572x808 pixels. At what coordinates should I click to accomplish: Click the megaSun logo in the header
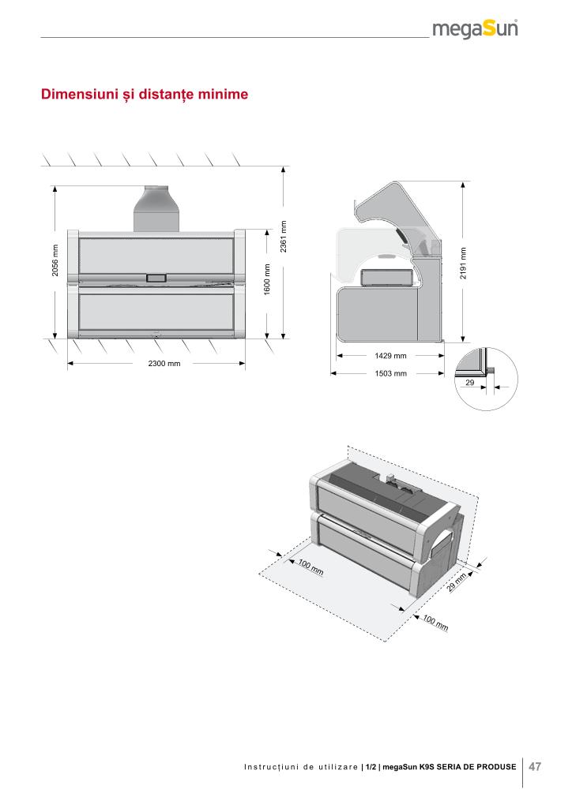click(x=475, y=30)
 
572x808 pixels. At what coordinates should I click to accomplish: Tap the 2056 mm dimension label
click(x=45, y=261)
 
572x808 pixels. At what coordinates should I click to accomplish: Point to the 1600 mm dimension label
click(x=268, y=280)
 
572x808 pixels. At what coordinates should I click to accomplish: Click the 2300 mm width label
click(x=164, y=364)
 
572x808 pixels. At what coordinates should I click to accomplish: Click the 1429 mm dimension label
click(x=390, y=356)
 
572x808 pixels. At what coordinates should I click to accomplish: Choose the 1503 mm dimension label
click(x=390, y=373)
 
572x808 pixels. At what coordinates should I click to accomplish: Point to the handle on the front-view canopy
click(x=156, y=277)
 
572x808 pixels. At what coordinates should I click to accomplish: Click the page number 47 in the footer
click(x=535, y=766)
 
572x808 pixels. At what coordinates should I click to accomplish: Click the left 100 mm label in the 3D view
click(x=310, y=567)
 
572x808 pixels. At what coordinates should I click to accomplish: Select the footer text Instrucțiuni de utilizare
click(x=300, y=767)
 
